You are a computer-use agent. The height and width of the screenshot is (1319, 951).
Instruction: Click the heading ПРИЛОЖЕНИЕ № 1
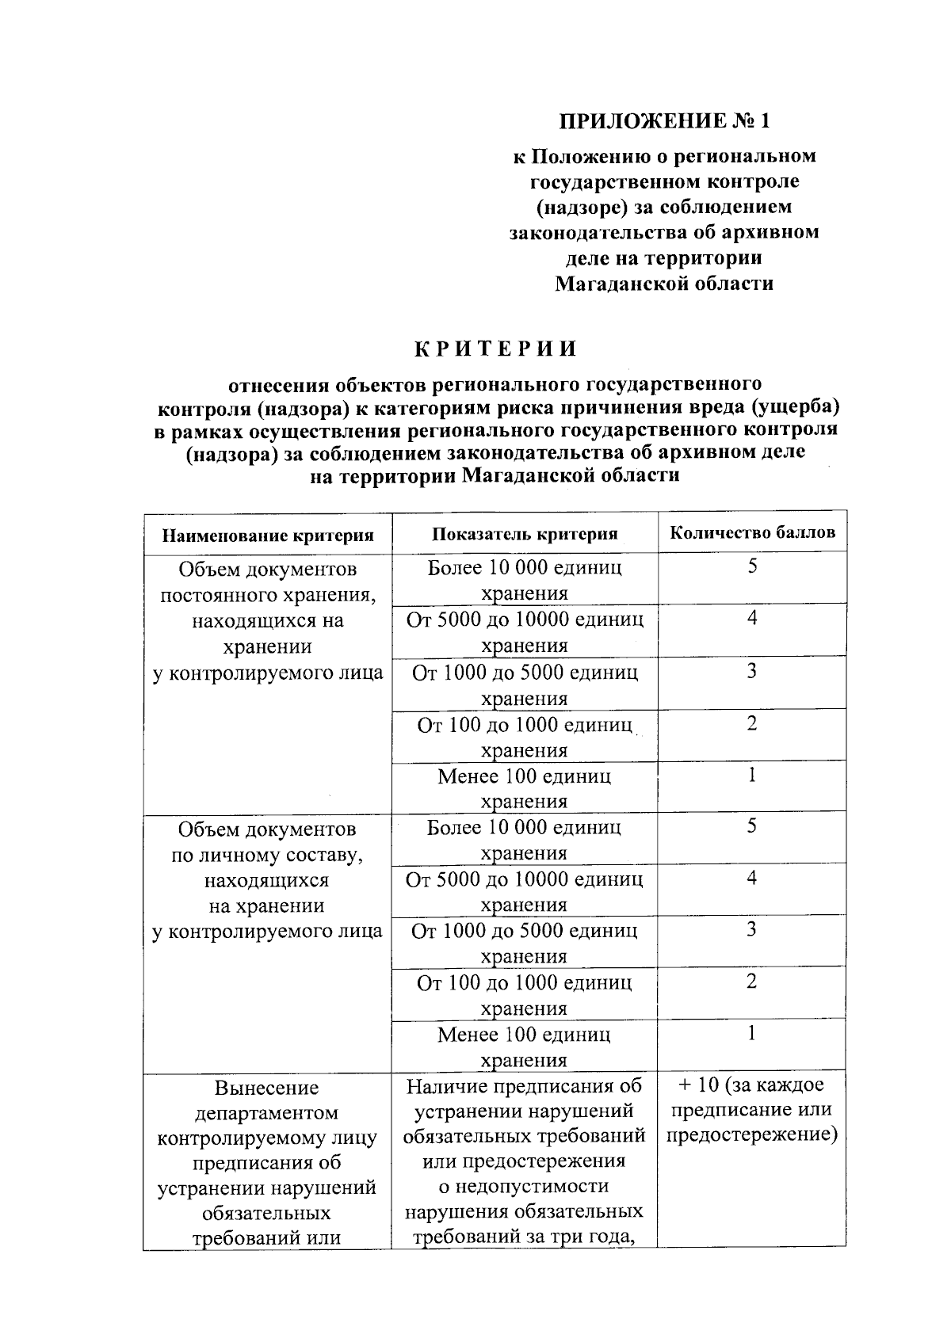(x=664, y=120)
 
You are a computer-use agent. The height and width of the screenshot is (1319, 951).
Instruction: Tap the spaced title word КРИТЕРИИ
(x=496, y=349)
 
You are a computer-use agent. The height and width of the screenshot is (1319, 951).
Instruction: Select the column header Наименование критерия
(x=268, y=536)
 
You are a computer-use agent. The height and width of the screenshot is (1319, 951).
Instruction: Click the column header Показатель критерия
(x=525, y=534)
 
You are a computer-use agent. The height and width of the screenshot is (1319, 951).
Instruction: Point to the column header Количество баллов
(x=752, y=532)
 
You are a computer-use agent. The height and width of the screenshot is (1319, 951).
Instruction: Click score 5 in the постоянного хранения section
(x=752, y=566)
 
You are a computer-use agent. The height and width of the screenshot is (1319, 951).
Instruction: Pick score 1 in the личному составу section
(x=752, y=1033)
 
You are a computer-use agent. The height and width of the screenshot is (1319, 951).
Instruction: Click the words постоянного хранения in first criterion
(x=267, y=595)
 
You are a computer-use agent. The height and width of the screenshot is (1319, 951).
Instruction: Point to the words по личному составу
(x=267, y=855)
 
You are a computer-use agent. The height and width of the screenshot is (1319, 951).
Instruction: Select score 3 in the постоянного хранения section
(x=752, y=671)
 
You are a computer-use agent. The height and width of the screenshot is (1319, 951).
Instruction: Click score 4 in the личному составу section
(x=752, y=877)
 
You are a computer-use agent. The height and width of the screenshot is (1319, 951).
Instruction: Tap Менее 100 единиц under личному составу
(x=524, y=1035)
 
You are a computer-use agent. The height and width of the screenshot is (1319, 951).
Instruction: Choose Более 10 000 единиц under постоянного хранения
(x=524, y=568)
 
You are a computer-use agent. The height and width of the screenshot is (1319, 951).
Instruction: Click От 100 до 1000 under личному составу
(x=524, y=983)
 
